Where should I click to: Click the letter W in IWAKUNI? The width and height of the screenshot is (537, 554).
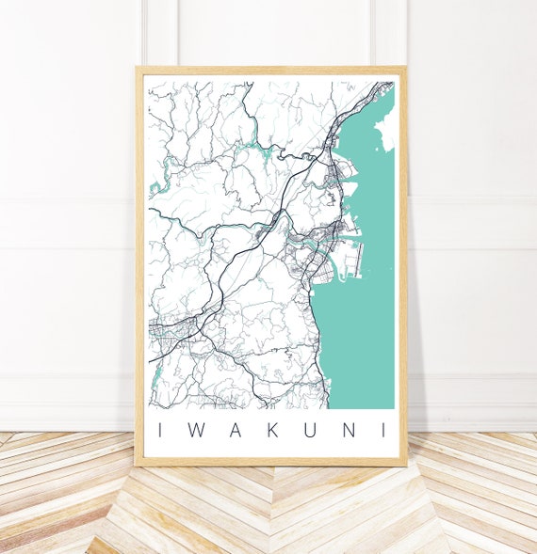coord(194,431)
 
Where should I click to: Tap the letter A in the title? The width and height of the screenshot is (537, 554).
coord(232,431)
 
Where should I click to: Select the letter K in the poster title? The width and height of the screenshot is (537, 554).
coord(270,431)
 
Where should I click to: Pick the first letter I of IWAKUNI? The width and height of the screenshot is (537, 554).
coord(159,431)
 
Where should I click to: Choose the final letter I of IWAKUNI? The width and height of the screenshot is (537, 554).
coord(382,431)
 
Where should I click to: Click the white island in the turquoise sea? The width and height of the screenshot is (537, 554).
coord(385,132)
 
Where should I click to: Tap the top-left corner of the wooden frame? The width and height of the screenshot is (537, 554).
coord(138,69)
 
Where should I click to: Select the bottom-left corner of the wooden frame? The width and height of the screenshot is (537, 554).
coord(138,464)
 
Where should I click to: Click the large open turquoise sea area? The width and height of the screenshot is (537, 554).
coord(363,329)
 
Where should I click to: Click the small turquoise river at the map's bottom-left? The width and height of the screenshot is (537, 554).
coord(155,381)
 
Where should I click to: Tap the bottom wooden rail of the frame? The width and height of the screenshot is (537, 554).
coord(271,461)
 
